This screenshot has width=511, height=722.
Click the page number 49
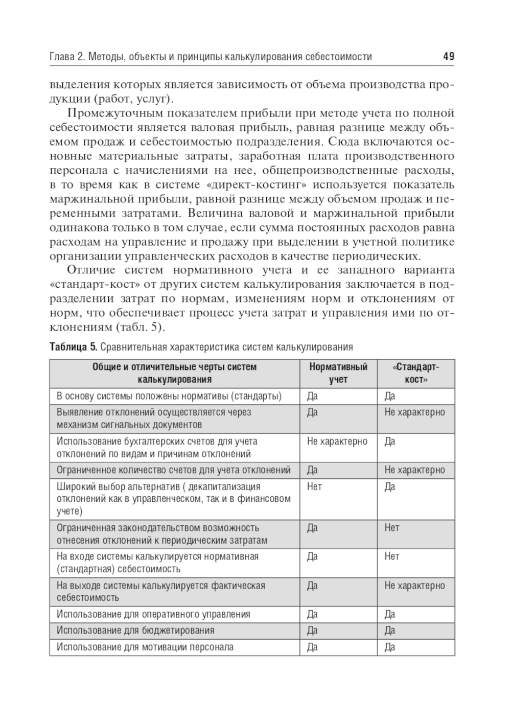coord(448,57)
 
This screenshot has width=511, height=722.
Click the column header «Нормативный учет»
coord(338,373)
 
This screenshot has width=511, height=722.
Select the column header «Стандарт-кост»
coord(416,373)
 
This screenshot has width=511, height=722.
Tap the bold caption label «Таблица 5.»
coord(73,347)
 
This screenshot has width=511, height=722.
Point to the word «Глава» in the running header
coord(62,57)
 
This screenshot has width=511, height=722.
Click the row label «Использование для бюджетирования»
coord(135,631)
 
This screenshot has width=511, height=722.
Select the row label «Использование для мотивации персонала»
coord(145,647)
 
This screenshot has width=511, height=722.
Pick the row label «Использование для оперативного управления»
coord(153,614)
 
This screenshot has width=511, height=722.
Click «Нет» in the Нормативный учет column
coord(314,486)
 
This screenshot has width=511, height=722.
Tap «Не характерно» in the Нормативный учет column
coord(337,441)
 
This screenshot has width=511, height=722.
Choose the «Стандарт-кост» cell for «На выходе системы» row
coord(414,586)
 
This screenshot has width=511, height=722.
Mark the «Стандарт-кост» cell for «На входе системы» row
coord(392,556)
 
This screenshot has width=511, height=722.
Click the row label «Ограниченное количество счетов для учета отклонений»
coord(173,470)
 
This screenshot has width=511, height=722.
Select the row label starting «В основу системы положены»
coord(169,396)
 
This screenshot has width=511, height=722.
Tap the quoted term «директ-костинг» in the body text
coord(268,184)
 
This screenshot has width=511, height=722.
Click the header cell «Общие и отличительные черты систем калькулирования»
coord(174,373)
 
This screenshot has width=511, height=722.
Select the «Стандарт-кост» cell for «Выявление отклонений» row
coord(414,412)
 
